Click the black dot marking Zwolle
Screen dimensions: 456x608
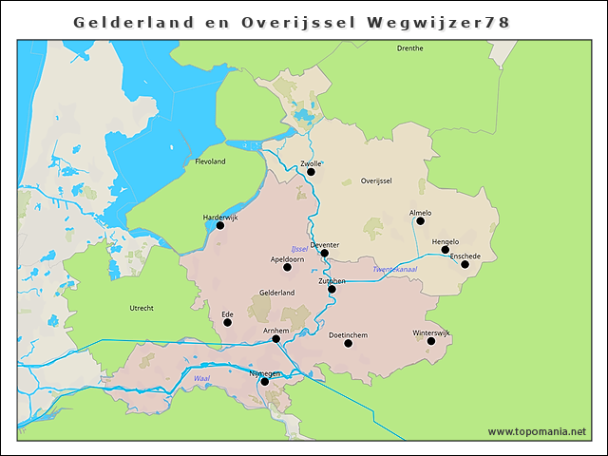pos(311,172)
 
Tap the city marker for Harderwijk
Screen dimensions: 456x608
pos(220,225)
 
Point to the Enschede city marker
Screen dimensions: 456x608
pos(465,264)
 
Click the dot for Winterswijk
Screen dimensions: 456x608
pos(431,341)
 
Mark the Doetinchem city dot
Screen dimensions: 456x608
pos(348,343)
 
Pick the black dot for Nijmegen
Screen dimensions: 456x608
pos(265,382)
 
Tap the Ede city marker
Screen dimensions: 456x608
pos(227,322)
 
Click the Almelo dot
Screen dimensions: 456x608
pos(420,221)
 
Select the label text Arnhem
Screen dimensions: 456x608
pos(275,330)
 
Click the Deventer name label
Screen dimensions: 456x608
pos(324,244)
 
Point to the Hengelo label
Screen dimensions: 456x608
pos(445,241)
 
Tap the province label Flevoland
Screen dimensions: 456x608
pos(210,161)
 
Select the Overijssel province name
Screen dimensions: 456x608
pos(376,180)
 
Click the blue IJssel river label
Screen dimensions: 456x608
pos(300,249)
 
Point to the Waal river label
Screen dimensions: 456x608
pos(200,377)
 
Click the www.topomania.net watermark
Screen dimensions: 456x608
pos(537,431)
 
